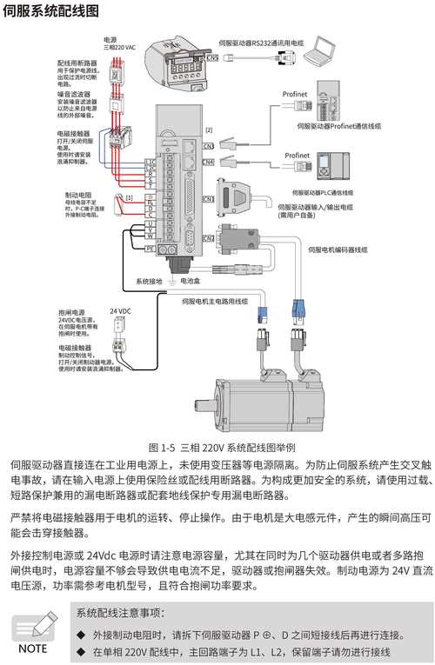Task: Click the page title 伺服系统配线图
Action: click(50, 11)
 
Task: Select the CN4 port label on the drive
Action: click(208, 162)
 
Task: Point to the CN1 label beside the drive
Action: click(207, 199)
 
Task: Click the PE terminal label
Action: click(151, 248)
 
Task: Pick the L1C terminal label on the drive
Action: click(151, 162)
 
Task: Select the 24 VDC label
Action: click(120, 310)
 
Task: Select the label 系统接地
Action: click(149, 282)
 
